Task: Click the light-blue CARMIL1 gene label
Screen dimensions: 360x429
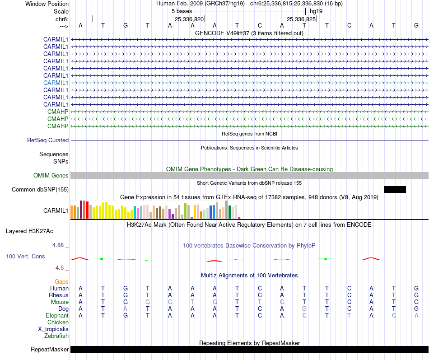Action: click(x=56, y=83)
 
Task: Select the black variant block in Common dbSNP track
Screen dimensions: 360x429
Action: click(x=395, y=189)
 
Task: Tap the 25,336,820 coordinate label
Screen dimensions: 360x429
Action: click(x=189, y=19)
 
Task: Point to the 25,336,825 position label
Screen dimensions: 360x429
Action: click(x=301, y=19)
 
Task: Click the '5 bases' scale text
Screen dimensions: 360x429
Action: click(x=182, y=11)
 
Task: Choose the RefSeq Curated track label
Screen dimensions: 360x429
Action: click(x=48, y=140)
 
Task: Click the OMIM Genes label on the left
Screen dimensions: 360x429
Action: click(x=51, y=175)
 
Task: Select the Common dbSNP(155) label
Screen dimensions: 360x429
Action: click(x=40, y=189)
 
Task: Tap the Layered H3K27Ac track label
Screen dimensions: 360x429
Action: click(x=29, y=231)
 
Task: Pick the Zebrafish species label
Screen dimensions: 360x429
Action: click(x=56, y=336)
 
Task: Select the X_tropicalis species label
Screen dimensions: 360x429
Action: click(x=53, y=329)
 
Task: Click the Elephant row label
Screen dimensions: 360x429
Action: click(x=57, y=315)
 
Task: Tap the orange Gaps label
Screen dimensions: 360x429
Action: click(x=61, y=281)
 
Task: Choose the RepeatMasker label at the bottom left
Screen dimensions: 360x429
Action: click(x=50, y=349)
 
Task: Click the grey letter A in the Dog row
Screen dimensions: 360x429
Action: click(x=125, y=309)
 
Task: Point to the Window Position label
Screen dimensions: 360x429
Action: click(x=47, y=4)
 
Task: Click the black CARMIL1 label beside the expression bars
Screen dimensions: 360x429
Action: click(x=56, y=210)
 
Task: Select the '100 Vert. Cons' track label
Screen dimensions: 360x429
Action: click(x=25, y=256)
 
